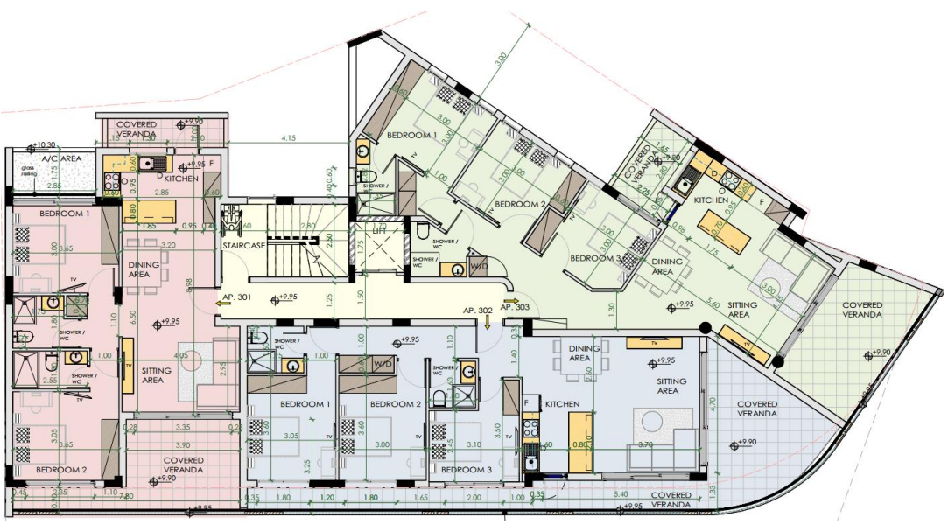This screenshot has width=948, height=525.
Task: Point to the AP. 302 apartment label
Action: (480, 310)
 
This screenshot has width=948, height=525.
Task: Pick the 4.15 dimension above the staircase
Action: (289, 139)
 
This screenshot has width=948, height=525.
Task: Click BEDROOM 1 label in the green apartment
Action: (411, 135)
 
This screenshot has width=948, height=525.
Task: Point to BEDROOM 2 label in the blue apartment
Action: (396, 404)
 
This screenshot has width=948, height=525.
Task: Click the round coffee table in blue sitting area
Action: (654, 424)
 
